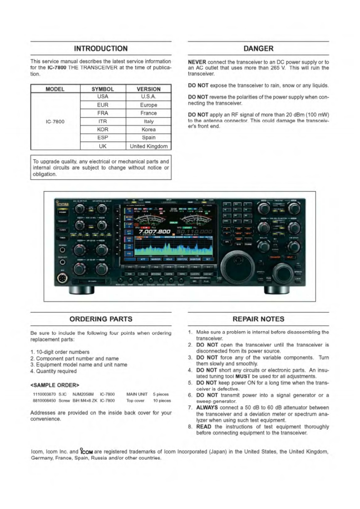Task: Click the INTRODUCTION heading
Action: [x=101, y=48]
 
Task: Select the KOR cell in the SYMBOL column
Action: [x=102, y=129]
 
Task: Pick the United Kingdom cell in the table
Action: [x=148, y=146]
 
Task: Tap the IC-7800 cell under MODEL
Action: [x=55, y=122]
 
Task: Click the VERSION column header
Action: [x=148, y=89]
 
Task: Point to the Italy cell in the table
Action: [x=148, y=121]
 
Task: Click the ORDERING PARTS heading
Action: [x=101, y=319]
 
